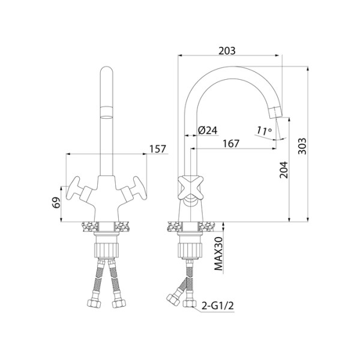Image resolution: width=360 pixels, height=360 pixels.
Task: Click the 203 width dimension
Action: [227, 51]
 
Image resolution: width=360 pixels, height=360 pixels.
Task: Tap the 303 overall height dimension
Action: [302, 146]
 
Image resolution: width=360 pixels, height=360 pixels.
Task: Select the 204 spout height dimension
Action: [284, 170]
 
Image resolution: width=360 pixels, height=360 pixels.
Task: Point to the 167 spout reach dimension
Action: [231, 144]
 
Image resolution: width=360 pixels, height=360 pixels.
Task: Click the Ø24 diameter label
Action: [208, 130]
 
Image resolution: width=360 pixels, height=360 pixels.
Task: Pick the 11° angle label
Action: [264, 131]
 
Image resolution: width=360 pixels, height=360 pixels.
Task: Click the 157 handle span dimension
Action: [157, 149]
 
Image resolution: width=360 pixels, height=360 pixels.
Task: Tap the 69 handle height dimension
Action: [56, 202]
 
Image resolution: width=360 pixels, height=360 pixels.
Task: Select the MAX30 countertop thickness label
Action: [218, 254]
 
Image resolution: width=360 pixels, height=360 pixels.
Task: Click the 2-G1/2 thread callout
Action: [218, 306]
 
